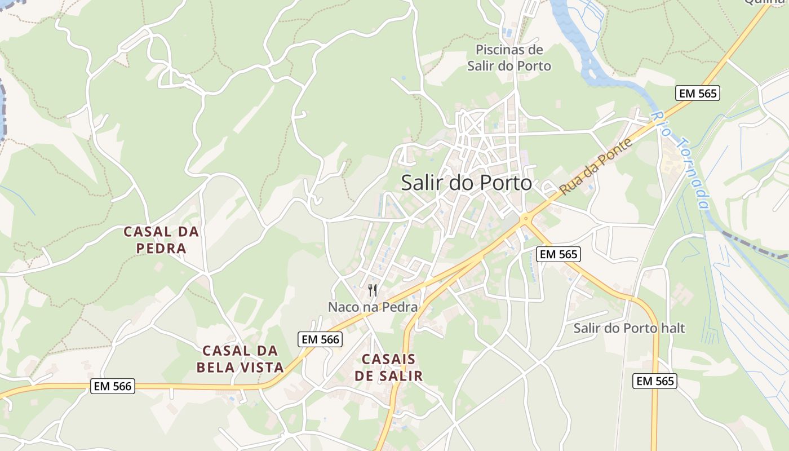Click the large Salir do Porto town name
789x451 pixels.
pos(467,183)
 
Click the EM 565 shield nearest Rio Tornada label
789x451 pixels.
pos(698,93)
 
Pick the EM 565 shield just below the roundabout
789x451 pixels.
pos(558,254)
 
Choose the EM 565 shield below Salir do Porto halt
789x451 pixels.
pos(654,381)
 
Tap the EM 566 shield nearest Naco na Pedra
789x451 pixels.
pos(320,339)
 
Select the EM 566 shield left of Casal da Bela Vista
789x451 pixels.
pos(113,386)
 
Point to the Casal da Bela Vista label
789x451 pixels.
pos(240,359)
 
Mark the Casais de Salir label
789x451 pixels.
pos(388,368)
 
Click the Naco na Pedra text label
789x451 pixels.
pos(373,307)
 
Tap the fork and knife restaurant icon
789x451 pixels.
pos(373,290)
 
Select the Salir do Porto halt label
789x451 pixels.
pos(629,328)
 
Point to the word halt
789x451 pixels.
pos(672,328)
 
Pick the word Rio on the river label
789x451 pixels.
pos(660,121)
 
